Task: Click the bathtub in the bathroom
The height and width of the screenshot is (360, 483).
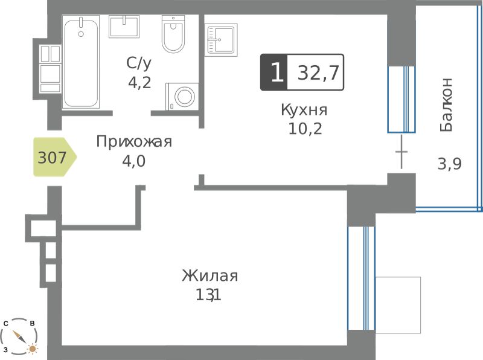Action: tap(81, 62)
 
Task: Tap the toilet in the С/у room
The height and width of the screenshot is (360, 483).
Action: tap(173, 34)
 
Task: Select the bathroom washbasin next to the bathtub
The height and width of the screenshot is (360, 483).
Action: tap(124, 27)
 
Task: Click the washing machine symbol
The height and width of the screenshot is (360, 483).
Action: tap(182, 97)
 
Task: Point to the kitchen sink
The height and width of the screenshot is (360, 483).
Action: tap(221, 40)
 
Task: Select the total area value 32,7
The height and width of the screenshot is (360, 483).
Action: tap(318, 72)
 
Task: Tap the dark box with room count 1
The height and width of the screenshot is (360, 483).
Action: tap(274, 72)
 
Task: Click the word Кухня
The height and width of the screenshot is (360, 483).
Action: tap(304, 110)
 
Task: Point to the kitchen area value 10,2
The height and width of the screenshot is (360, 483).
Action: tap(305, 129)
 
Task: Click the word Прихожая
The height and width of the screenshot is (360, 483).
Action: tap(134, 142)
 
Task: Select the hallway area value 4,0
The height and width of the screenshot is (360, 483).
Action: tap(133, 161)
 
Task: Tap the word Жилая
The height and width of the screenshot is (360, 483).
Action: tap(210, 276)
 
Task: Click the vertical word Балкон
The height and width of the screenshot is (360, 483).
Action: tap(446, 104)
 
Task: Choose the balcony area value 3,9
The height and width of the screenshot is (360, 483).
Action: tap(449, 164)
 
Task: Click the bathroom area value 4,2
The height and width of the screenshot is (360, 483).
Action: tap(139, 83)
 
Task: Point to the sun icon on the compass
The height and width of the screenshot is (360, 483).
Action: tap(32, 349)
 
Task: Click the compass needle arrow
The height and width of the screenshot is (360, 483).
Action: tap(19, 336)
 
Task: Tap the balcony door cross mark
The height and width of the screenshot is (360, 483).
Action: tap(401, 152)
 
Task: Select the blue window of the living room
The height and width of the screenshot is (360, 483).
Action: tap(361, 278)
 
